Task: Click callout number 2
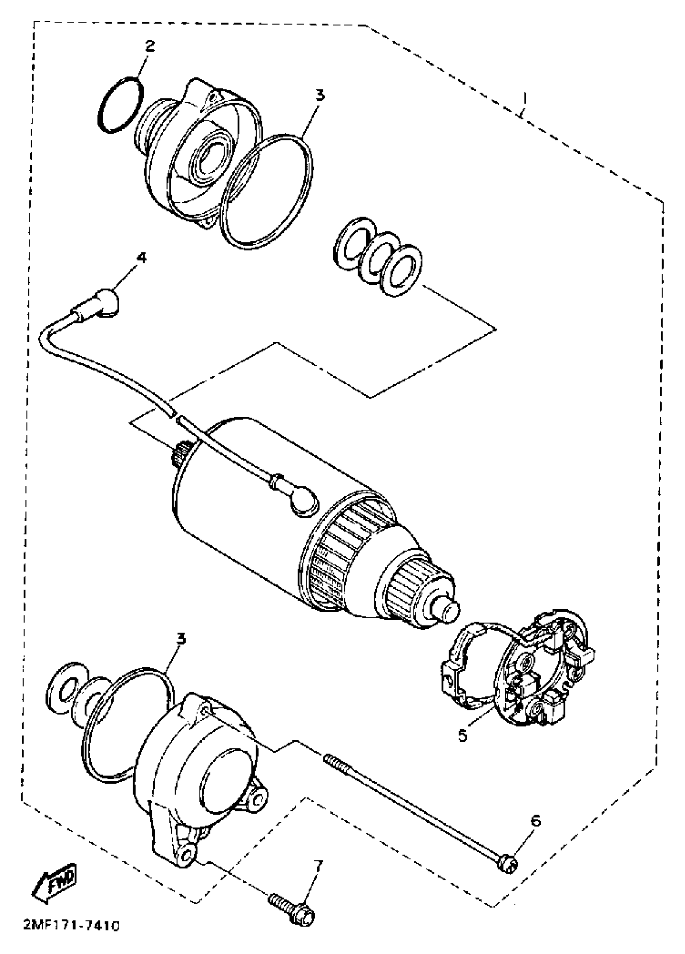tap(150, 46)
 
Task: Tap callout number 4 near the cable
tap(142, 257)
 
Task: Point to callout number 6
tap(535, 820)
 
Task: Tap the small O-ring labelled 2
tap(120, 105)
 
